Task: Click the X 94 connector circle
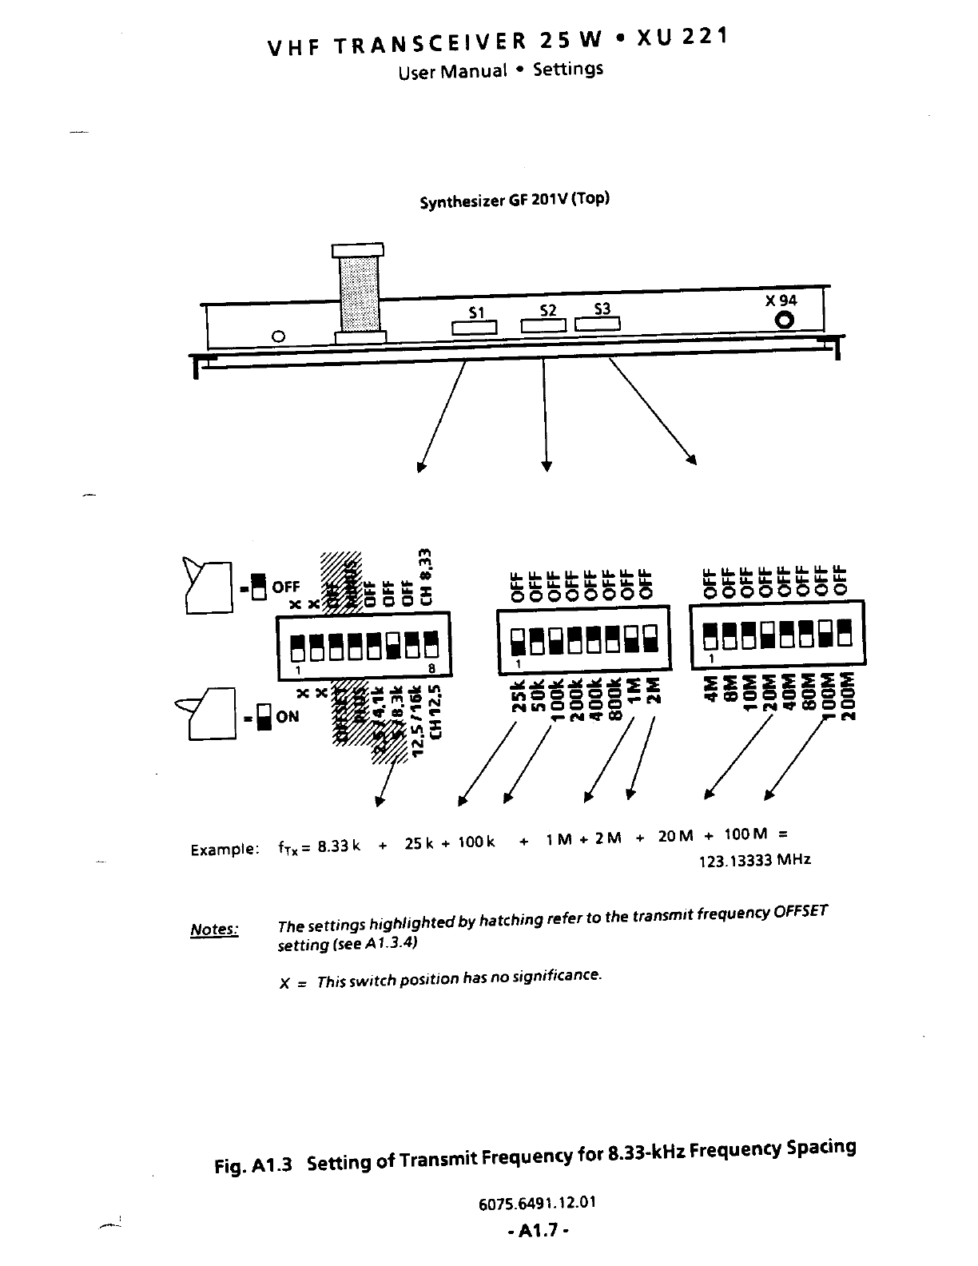[x=785, y=320]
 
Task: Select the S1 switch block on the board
[x=475, y=328]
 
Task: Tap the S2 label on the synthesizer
[x=548, y=310]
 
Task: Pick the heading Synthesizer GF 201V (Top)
[x=515, y=199]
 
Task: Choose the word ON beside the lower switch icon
[x=287, y=717]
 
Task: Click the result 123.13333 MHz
[x=754, y=860]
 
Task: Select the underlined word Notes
[x=214, y=930]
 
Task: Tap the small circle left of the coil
[x=278, y=336]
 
